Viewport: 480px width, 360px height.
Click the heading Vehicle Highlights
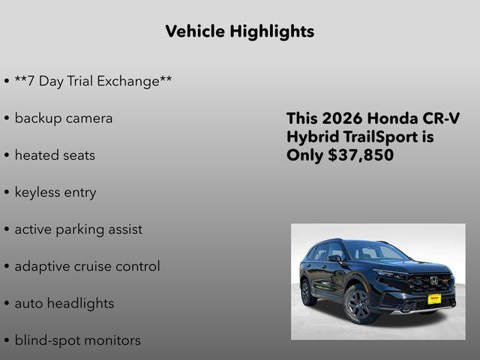tap(239, 31)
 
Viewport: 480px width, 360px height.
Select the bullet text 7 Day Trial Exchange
tap(93, 81)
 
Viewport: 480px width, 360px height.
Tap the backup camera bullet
tap(64, 118)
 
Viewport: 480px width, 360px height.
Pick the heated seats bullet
tap(55, 155)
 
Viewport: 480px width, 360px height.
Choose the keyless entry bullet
tap(55, 193)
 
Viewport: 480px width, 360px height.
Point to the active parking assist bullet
tap(78, 229)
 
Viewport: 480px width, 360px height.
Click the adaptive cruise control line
tap(87, 266)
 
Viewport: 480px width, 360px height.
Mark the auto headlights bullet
tap(64, 304)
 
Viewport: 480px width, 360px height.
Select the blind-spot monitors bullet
tap(77, 340)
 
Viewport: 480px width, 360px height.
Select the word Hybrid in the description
tap(311, 137)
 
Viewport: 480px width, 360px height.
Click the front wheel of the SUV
tap(358, 304)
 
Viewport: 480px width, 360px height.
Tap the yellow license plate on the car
tap(433, 298)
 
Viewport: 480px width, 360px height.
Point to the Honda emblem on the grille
tap(433, 280)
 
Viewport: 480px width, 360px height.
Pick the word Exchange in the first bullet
tap(130, 81)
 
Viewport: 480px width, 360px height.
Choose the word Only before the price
tap(304, 155)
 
